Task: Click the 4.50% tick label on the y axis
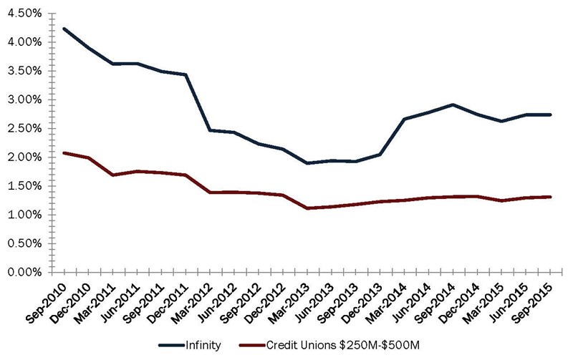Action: pos(26,14)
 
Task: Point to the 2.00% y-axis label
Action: pos(26,157)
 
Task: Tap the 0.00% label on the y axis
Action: pos(26,272)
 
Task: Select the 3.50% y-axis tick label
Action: pos(26,71)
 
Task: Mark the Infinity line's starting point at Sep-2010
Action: pos(64,29)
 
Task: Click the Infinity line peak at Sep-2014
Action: pos(452,104)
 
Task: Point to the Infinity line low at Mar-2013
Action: pos(307,163)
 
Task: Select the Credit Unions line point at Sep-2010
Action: pos(64,152)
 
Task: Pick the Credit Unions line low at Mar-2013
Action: pos(307,208)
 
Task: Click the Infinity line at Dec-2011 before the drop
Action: pos(186,74)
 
